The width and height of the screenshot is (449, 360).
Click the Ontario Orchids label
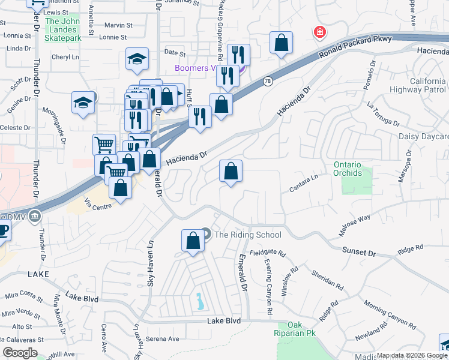point(348,169)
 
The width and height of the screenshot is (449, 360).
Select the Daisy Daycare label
point(423,136)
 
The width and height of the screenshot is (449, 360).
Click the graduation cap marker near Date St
point(137,59)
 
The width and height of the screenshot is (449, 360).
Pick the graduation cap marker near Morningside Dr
point(83,103)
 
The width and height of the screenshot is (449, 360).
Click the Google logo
point(20,352)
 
